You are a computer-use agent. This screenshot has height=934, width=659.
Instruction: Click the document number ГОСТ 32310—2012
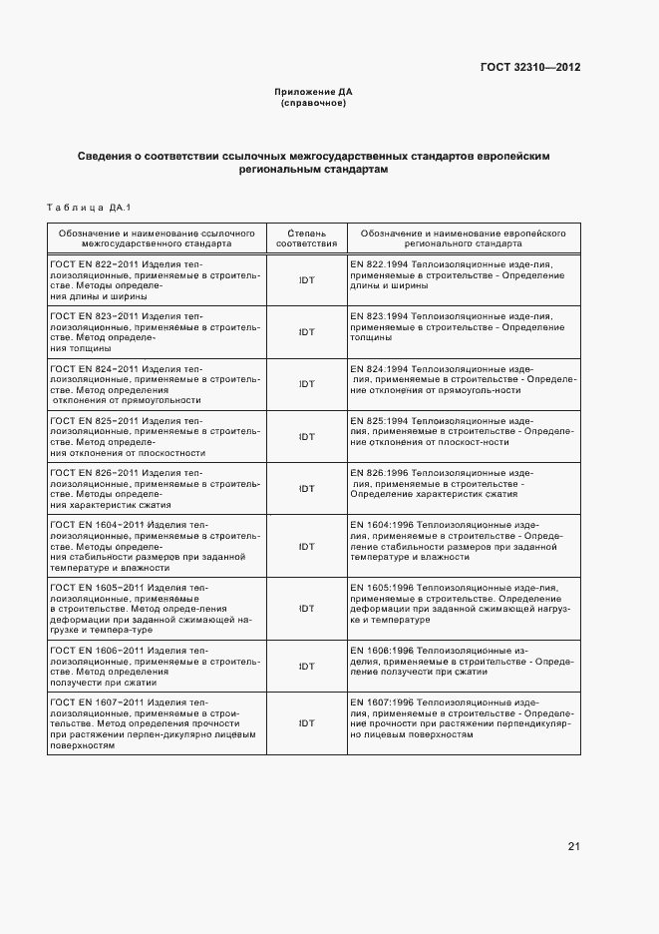[x=530, y=68]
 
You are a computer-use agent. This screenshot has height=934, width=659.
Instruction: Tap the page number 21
[x=573, y=846]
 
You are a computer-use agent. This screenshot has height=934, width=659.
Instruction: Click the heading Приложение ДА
[x=314, y=92]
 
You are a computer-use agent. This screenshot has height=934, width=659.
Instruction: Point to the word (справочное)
[x=314, y=103]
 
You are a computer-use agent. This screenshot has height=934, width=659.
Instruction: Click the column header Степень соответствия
[x=306, y=236]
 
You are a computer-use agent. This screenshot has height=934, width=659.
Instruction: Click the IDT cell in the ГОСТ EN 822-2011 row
[x=307, y=280]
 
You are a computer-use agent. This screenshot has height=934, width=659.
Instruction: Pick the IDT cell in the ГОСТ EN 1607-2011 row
[x=307, y=724]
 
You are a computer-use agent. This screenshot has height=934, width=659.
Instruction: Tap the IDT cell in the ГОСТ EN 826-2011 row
[x=307, y=488]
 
